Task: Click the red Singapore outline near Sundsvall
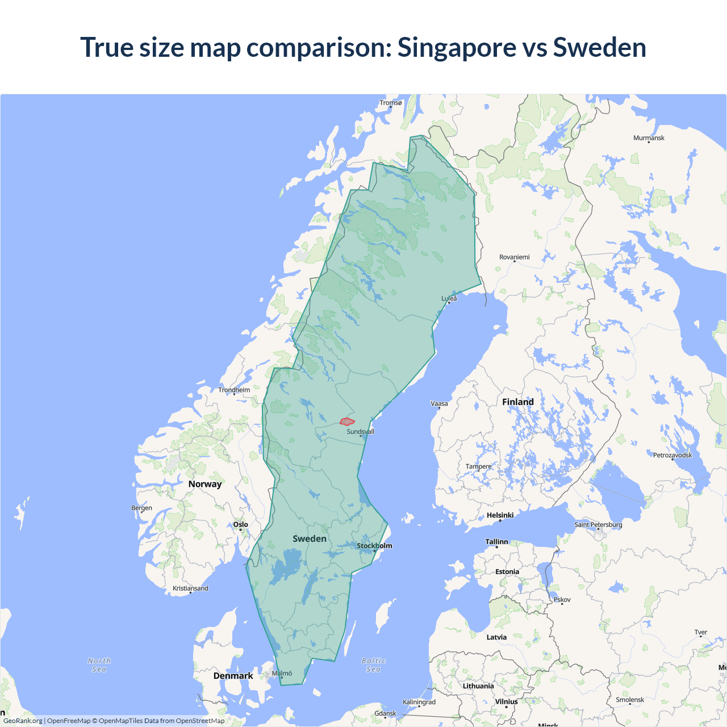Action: pos(347,421)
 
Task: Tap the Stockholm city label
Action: pos(374,546)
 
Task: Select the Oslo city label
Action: pos(241,525)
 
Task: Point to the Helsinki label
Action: pos(500,516)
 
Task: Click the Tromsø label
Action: pos(391,103)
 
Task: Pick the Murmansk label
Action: pos(649,138)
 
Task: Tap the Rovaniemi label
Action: pos(514,257)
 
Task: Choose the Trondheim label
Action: pos(234,390)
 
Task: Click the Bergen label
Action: pos(141,508)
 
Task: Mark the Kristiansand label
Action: pos(190,588)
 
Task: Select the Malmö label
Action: pos(282,674)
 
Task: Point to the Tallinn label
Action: pos(496,542)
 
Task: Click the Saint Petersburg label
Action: pos(598,525)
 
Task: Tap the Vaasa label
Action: pos(439,404)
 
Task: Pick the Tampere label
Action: pos(478,467)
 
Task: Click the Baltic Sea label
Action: pos(373,665)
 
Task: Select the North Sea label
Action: pos(99,665)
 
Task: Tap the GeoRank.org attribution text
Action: pos(23,721)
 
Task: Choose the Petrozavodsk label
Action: pos(672,456)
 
